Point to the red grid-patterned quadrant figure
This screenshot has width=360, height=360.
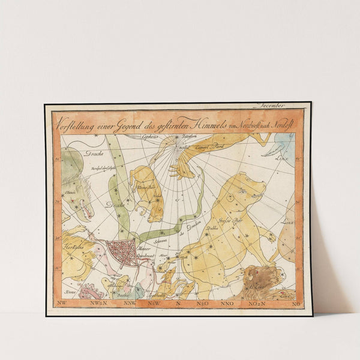click(123, 252)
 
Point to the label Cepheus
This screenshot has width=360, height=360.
click(151, 137)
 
